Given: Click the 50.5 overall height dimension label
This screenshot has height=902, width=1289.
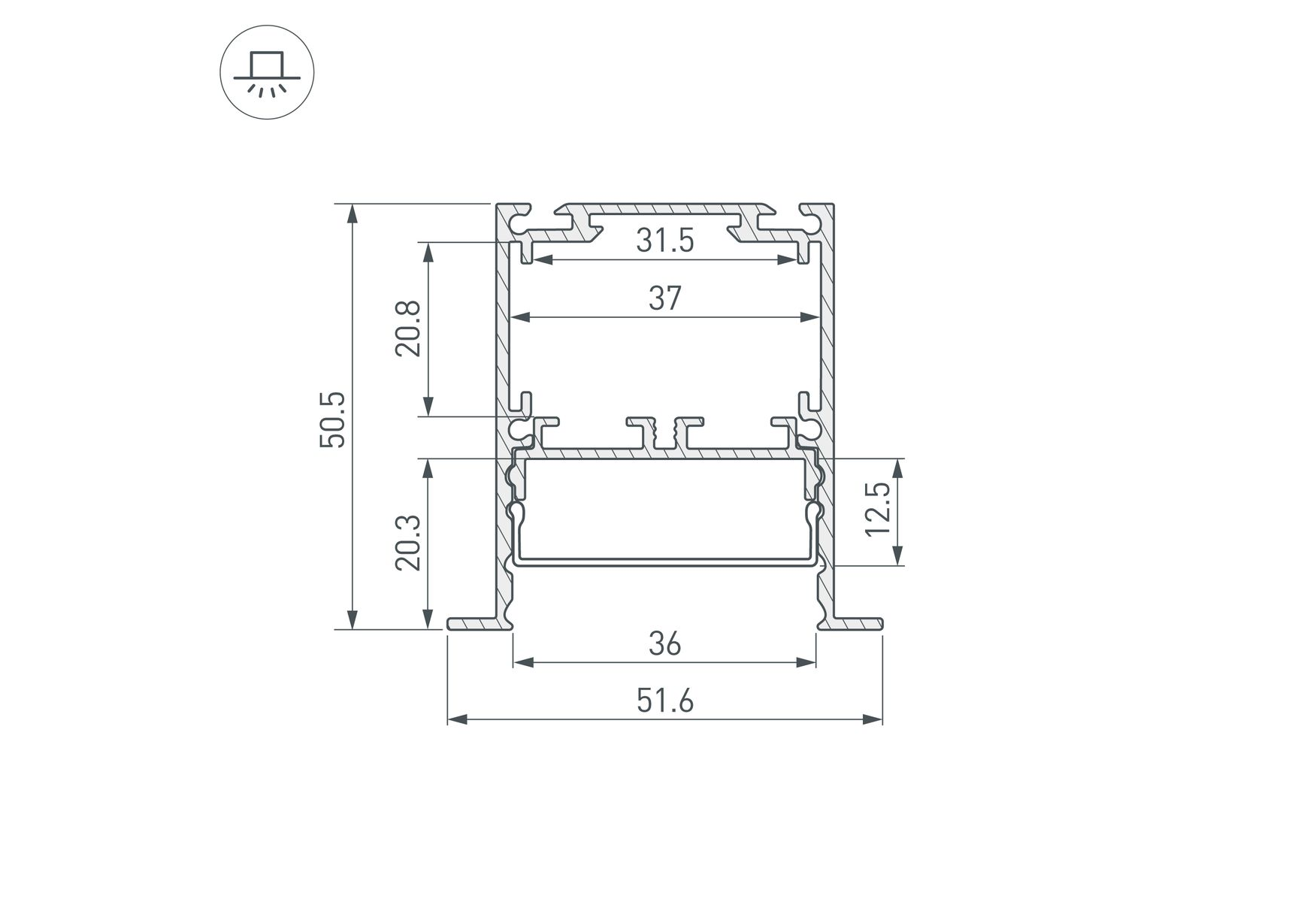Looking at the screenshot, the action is (333, 419).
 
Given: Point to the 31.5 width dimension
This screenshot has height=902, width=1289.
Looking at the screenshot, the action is (665, 241).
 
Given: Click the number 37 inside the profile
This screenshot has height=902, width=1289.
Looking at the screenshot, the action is (665, 298).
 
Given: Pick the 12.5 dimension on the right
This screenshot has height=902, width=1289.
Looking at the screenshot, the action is (878, 509).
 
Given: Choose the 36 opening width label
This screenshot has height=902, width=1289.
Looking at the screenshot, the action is (665, 644).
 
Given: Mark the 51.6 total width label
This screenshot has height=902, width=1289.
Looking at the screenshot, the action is (665, 701).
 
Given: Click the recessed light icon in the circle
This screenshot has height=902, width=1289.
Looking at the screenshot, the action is (267, 74).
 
